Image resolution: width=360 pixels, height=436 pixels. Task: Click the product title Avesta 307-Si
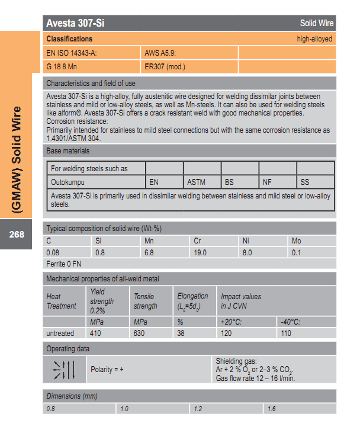tap(76, 24)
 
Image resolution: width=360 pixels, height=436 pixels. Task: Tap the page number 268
tap(17, 235)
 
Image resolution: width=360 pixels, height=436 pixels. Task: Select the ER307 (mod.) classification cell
tap(165, 66)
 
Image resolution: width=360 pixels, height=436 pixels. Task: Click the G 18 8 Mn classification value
tap(62, 66)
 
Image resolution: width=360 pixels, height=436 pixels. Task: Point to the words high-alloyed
tap(314, 39)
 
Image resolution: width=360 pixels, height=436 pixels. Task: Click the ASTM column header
tap(196, 182)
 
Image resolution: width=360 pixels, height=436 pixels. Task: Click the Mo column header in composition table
tap(297, 241)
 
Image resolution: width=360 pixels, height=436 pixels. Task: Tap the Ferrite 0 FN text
tap(63, 264)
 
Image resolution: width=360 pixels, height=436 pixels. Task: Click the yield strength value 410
tap(95, 334)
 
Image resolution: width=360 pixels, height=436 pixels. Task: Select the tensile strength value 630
tap(140, 334)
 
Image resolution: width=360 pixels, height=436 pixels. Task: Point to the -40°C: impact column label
tap(291, 322)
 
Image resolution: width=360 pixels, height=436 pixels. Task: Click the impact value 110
tap(287, 334)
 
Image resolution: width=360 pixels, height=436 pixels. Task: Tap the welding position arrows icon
tap(64, 369)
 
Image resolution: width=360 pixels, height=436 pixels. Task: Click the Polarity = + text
tap(107, 370)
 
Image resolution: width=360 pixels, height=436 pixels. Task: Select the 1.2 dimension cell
tap(198, 409)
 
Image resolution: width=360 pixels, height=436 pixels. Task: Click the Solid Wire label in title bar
tap(317, 24)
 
